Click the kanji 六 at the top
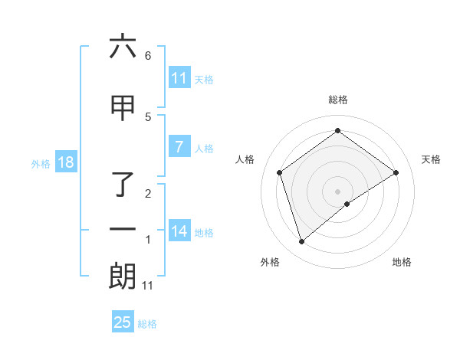pos(123,47)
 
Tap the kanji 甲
pos(123,109)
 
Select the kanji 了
pos(123,185)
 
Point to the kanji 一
pos(123,229)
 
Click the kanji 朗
pos(123,277)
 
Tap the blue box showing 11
pos(179,78)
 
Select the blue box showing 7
pos(179,147)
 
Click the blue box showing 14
pos(179,231)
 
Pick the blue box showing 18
pos(64,162)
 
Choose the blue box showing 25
pos(123,322)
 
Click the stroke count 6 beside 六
pos(148,56)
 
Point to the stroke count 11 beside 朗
pos(148,286)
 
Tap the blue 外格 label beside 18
pos(40,163)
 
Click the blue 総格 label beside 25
pos(147,324)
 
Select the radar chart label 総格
pos(337,100)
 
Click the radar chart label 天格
pos(431,159)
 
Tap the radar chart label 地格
pos(402,262)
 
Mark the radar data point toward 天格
pos(396,172)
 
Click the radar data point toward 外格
pos(301,242)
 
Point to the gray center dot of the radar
pos(337,191)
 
